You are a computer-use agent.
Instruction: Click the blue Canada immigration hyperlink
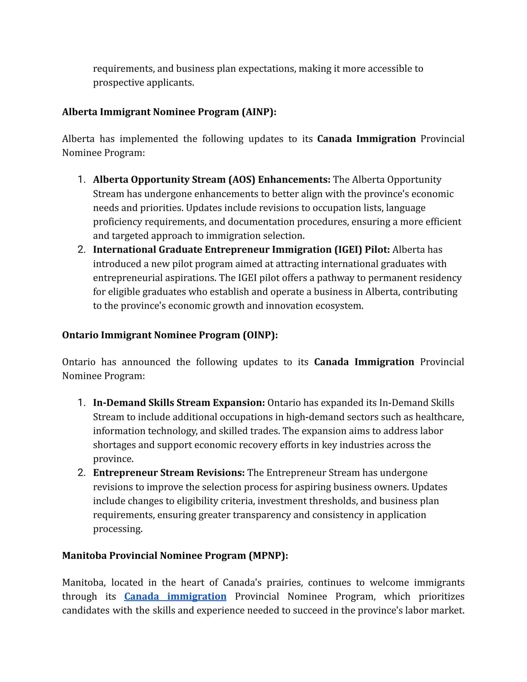[x=175, y=597]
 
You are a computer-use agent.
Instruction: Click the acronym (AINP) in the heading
[x=259, y=112]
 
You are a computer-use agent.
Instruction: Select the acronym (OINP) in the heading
[x=260, y=335]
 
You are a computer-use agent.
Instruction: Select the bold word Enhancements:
[x=294, y=180]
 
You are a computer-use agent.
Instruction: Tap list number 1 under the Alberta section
[x=82, y=180]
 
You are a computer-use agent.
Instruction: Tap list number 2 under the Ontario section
[x=82, y=473]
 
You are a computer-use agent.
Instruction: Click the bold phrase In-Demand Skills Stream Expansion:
[x=179, y=403]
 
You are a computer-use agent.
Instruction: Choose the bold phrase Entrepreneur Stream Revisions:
[x=169, y=473]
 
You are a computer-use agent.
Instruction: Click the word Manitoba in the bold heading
[x=85, y=556]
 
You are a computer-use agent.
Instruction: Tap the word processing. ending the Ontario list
[x=118, y=529]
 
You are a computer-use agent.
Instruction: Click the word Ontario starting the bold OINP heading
[x=80, y=335]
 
